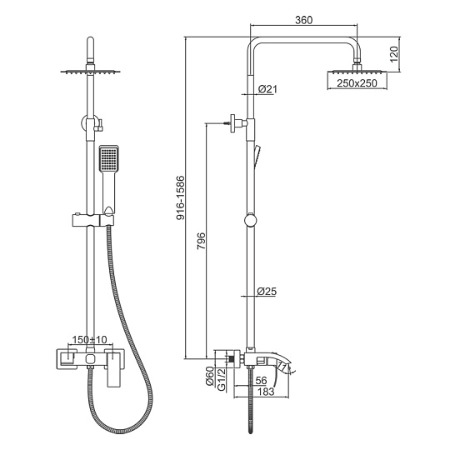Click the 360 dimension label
[x=303, y=20]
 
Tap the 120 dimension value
[x=394, y=54]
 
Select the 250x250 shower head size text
[x=357, y=83]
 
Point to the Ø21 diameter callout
[x=267, y=89]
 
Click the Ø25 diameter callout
[x=267, y=292]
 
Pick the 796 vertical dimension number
[x=202, y=241]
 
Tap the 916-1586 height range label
[x=181, y=197]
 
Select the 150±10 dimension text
[x=89, y=340]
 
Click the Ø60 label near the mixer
[x=210, y=376]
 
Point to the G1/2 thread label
[x=222, y=379]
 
